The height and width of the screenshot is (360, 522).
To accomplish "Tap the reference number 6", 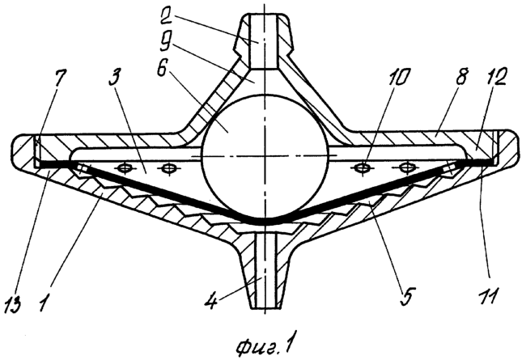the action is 162,66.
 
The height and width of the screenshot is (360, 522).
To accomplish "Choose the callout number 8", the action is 461,77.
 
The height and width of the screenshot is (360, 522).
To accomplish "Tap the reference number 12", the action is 495,77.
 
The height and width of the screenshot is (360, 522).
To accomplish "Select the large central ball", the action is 265,156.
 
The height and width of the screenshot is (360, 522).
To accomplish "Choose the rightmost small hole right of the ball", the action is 405,167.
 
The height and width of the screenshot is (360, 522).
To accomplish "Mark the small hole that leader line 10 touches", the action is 363,167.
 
